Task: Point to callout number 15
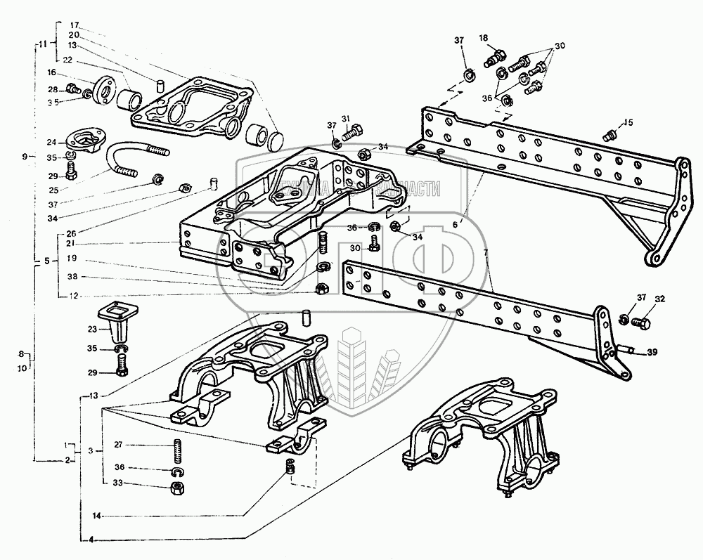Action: point(628,123)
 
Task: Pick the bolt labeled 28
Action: point(72,89)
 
